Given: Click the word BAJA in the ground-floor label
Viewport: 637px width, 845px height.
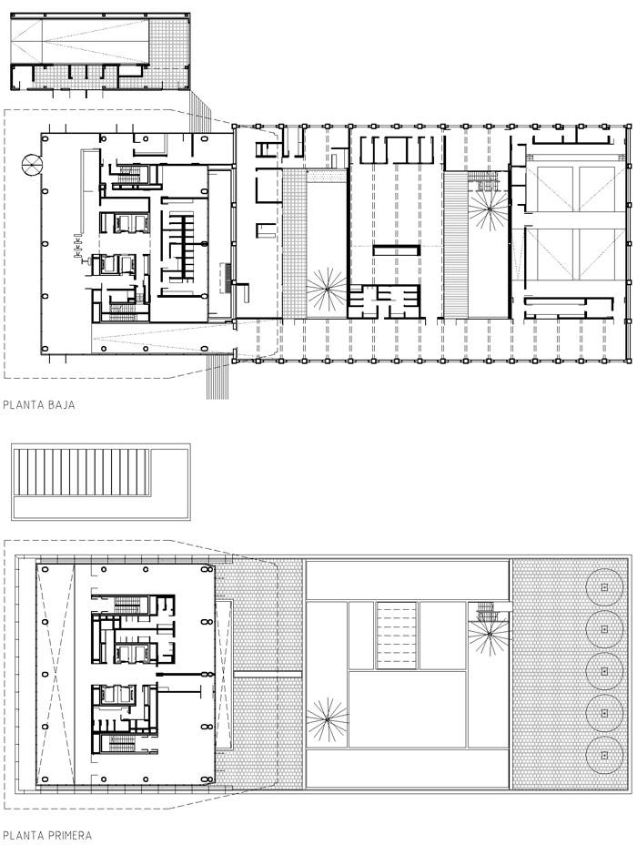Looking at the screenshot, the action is (x=60, y=405).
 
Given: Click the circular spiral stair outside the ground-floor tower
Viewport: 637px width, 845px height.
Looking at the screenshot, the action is (x=31, y=164).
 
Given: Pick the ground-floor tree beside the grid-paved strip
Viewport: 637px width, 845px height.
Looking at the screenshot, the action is (x=327, y=289).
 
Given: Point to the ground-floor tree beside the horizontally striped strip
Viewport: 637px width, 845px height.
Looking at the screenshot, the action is (x=488, y=208).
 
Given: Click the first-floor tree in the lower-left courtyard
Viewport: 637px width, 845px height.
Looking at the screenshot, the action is (x=327, y=719).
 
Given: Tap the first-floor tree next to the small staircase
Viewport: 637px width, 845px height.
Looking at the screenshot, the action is (x=489, y=636).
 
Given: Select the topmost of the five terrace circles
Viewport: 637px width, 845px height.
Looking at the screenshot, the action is (x=604, y=587).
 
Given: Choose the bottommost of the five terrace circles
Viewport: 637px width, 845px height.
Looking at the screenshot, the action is (x=604, y=756).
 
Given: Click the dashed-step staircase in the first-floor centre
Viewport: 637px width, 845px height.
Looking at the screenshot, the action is (x=397, y=635).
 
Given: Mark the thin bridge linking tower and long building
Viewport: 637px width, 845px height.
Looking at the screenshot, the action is (x=268, y=674).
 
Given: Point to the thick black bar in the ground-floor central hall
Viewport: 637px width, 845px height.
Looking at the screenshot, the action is (x=397, y=250).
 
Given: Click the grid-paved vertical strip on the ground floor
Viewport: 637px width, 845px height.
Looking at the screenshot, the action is (x=295, y=244).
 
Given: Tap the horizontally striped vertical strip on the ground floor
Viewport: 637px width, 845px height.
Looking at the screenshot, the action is (x=456, y=244).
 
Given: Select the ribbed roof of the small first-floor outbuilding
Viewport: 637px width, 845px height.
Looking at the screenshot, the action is (x=82, y=472).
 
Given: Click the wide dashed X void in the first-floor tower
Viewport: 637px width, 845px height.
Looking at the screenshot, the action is (x=55, y=674).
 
